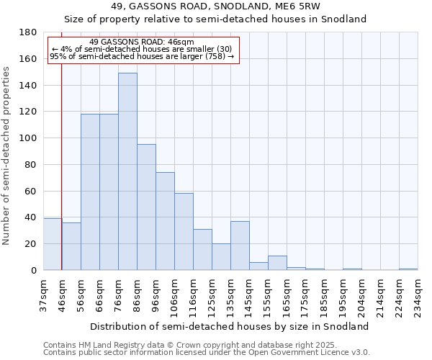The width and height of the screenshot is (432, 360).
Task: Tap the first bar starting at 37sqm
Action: click(53, 244)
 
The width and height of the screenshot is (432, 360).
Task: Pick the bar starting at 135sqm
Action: click(240, 246)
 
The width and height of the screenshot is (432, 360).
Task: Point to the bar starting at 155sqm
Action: click(277, 263)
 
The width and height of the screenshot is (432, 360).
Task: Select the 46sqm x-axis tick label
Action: click(62, 295)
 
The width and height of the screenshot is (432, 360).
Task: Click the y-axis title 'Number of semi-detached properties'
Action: click(7, 156)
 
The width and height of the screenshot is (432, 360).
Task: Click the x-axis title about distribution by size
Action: click(230, 326)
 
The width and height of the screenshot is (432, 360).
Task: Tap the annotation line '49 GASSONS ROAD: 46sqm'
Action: click(142, 42)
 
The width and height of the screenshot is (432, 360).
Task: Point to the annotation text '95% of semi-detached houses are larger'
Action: click(142, 56)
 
